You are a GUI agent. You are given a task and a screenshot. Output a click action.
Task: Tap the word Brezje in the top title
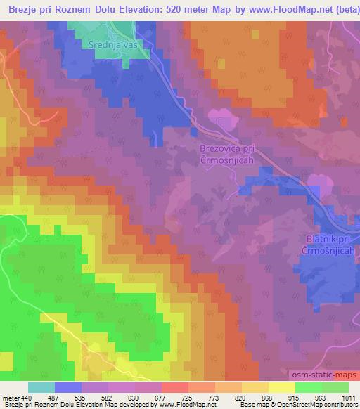click(25, 8)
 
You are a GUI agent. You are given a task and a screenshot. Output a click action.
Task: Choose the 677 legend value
click(195, 397)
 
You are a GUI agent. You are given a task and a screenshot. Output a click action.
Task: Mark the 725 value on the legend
click(229, 397)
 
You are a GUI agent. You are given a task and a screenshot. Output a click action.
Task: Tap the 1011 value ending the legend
click(349, 397)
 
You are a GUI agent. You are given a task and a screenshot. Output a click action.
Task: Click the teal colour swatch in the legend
click(41, 387)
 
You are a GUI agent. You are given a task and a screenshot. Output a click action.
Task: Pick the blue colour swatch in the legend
click(68, 387)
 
